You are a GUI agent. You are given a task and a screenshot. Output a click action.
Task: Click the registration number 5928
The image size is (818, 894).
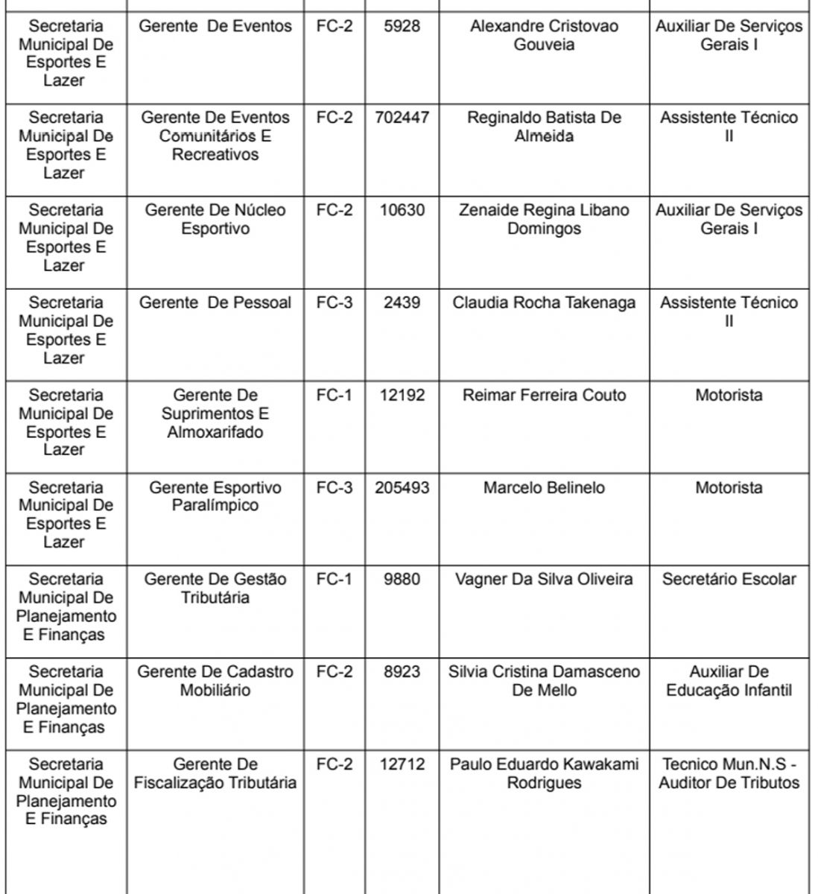[402, 26]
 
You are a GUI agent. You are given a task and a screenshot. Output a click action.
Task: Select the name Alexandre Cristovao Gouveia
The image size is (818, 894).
[544, 35]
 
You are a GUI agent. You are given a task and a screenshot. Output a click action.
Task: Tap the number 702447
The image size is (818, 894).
[402, 118]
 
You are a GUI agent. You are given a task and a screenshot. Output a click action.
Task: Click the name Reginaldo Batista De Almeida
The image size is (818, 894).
[544, 127]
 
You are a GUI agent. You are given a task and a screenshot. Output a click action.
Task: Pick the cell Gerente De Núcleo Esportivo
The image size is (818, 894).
[215, 219]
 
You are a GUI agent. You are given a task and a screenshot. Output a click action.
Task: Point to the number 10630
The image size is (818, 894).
[402, 210]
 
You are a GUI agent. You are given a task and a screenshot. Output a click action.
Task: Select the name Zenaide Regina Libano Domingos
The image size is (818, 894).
[544, 219]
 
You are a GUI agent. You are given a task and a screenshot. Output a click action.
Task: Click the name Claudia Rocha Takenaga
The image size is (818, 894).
[544, 302]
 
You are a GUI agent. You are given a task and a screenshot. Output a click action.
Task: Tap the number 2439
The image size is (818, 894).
[402, 302]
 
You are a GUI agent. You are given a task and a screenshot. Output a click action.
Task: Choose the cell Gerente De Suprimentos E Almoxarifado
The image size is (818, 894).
[215, 413]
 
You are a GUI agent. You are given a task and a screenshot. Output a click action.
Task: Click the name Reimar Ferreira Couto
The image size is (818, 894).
[544, 395]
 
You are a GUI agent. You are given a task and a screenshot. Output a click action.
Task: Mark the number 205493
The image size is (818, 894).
[402, 488]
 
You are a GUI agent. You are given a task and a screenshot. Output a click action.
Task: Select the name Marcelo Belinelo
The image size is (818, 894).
[544, 488]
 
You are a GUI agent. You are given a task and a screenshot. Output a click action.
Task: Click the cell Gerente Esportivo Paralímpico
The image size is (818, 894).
[215, 497]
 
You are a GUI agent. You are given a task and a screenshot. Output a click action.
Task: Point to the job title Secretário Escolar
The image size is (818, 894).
[729, 580]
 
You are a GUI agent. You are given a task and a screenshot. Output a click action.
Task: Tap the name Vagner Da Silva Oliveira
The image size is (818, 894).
[544, 580]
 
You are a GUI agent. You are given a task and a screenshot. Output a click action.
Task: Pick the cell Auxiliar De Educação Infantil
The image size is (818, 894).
[729, 681]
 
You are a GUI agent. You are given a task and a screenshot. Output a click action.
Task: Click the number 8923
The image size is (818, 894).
[402, 672]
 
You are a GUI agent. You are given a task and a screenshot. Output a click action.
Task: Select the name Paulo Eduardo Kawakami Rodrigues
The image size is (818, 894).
[544, 773]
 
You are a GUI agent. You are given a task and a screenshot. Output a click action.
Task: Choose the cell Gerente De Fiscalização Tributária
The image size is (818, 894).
[215, 773]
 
